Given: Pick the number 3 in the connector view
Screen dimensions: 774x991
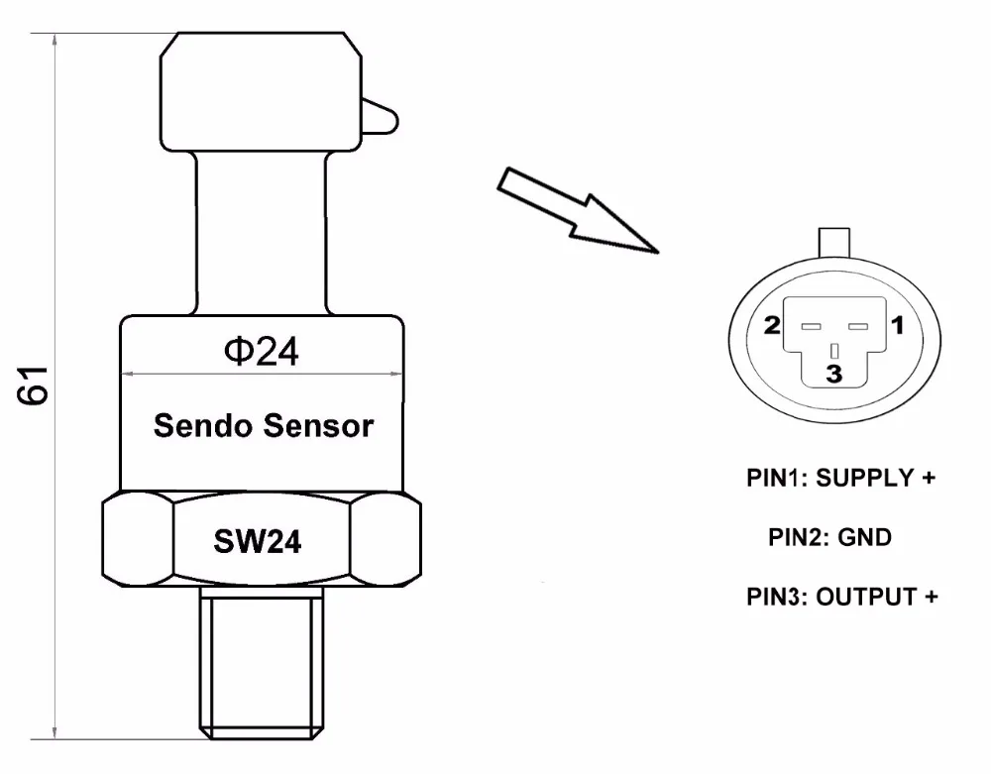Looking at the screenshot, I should point(834,374).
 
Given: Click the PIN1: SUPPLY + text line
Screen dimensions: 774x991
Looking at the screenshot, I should point(841,478).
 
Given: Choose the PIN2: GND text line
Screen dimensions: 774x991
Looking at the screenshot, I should point(830,537).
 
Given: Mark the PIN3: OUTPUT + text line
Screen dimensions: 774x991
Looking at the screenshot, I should point(841,597).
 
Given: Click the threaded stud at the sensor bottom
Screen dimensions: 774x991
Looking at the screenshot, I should point(262,659).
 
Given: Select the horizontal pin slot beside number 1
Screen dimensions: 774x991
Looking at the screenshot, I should point(859,326).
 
